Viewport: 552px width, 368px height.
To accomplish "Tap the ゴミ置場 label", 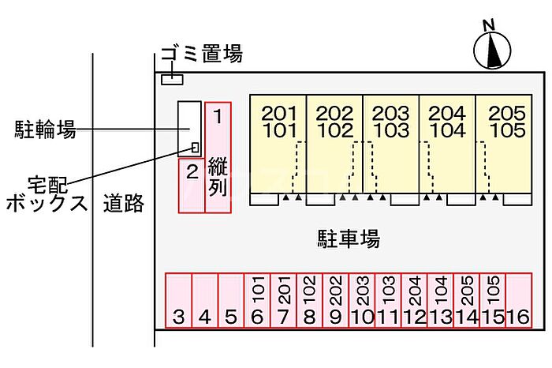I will (x=202, y=54).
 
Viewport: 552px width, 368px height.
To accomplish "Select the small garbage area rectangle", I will (x=172, y=79).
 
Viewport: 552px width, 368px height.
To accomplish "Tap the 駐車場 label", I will (x=349, y=237).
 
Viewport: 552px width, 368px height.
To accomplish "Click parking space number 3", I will (x=178, y=300).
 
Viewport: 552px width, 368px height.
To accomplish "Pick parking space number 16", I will (x=517, y=300).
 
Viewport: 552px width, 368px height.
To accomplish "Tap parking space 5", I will (x=230, y=300).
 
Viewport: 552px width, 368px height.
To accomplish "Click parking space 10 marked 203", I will (x=361, y=300).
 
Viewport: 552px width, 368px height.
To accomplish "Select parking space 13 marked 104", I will (x=439, y=300).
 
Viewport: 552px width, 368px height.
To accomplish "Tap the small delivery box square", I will (x=195, y=146).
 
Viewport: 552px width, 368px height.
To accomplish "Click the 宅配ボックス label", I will (x=46, y=193).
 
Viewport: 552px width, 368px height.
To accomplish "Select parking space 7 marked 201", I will (x=283, y=300).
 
